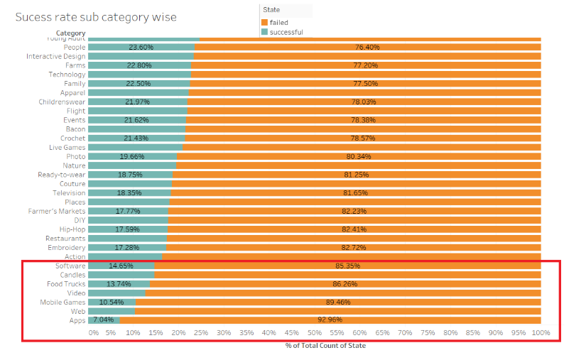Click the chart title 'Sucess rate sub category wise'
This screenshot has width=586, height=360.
click(x=96, y=17)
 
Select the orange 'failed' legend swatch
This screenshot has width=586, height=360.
click(x=265, y=23)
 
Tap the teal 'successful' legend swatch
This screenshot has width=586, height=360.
click(x=265, y=32)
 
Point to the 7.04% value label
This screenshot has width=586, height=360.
click(x=104, y=320)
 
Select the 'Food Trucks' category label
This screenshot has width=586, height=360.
click(x=66, y=284)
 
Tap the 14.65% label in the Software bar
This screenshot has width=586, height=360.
click(x=121, y=266)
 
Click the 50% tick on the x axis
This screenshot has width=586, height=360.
click(x=314, y=332)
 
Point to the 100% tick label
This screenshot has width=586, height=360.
click(x=541, y=332)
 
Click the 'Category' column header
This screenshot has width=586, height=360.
click(x=71, y=33)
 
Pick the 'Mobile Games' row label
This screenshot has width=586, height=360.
click(x=63, y=302)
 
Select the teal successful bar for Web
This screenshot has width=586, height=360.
click(x=112, y=311)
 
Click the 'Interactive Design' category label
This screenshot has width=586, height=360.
click(x=55, y=56)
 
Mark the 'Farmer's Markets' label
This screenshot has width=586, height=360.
click(x=57, y=211)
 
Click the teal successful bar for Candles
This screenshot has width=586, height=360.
click(x=121, y=275)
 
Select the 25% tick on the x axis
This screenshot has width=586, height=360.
click(x=201, y=332)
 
